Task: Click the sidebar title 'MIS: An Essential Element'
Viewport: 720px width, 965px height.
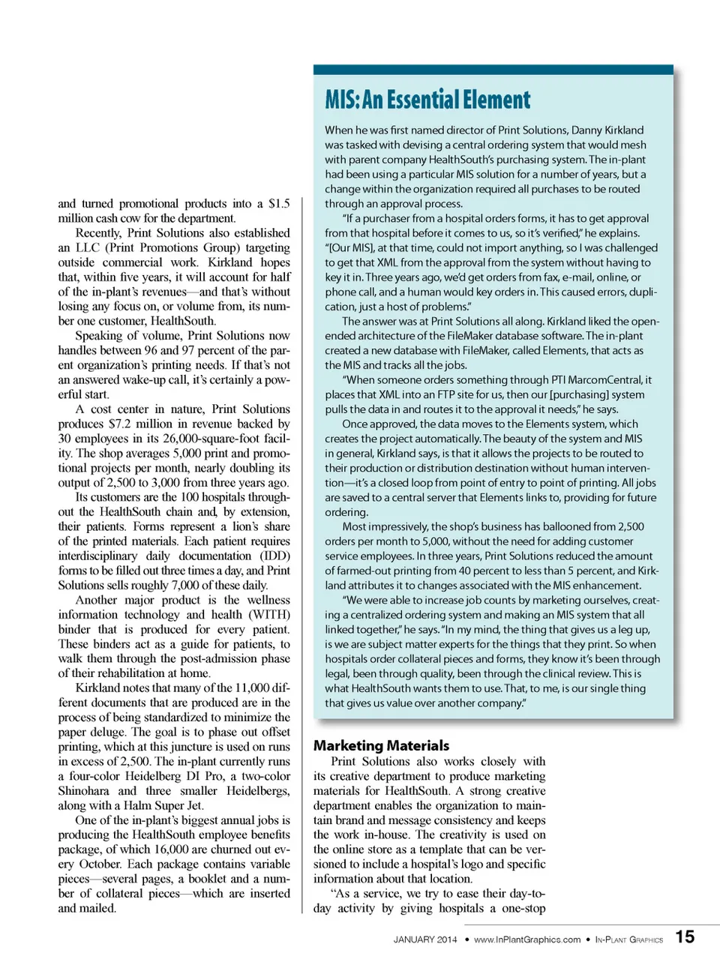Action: point(427,100)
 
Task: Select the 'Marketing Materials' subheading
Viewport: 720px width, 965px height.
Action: point(381,745)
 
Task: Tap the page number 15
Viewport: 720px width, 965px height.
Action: point(685,937)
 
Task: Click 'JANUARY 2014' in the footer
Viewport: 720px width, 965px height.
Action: point(424,940)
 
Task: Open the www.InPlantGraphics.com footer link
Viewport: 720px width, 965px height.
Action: point(526,940)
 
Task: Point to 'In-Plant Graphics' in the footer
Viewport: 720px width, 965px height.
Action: point(628,940)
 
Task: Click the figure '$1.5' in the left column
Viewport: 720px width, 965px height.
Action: point(279,203)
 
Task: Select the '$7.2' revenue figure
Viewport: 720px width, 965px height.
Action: point(121,424)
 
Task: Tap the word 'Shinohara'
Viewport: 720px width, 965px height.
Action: point(85,791)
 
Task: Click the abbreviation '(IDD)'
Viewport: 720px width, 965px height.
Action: point(274,556)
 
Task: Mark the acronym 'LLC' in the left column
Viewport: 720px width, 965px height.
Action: point(87,247)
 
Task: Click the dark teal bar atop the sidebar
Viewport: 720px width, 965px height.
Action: point(493,70)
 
